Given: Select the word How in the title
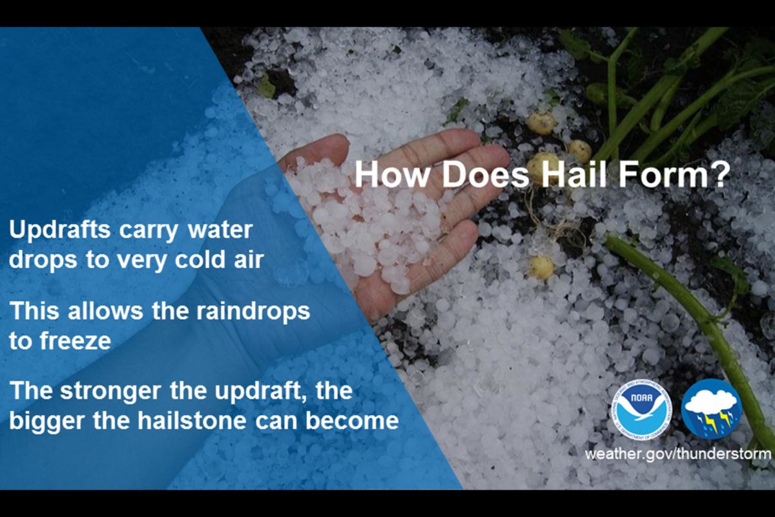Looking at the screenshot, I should [x=387, y=174].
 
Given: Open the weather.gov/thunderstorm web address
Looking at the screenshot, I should [x=677, y=453].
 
